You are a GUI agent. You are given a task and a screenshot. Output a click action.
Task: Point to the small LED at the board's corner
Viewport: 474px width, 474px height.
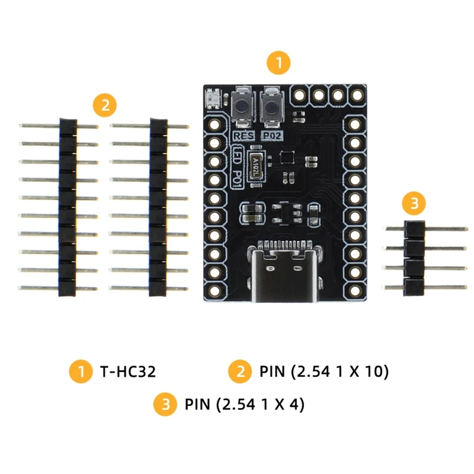point(213,98)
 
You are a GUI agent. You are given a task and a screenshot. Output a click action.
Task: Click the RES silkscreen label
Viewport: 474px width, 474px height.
point(244,136)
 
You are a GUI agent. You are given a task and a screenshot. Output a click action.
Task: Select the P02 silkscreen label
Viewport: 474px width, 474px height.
point(272,136)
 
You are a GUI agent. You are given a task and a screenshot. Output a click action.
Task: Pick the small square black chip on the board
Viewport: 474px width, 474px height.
point(286,157)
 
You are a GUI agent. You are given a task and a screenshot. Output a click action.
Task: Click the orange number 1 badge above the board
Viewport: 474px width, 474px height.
point(279,62)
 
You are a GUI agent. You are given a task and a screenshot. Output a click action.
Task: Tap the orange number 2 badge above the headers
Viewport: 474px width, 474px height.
point(105,107)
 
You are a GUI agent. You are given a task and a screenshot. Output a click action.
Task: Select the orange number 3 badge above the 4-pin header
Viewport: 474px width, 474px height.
point(414,204)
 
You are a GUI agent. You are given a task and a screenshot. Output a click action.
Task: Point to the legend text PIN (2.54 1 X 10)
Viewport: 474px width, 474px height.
point(324,372)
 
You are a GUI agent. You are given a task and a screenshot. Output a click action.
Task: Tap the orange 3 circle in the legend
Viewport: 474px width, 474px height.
point(165,405)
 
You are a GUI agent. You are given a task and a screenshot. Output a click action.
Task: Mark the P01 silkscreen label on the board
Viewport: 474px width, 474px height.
point(236,178)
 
